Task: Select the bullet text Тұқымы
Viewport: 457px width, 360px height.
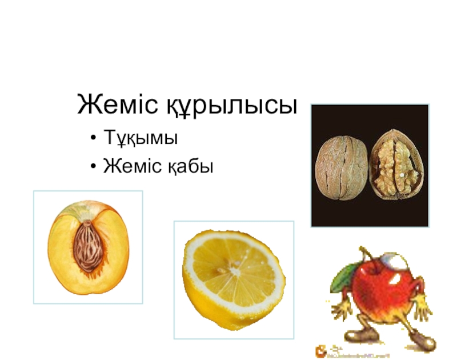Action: pos(141,138)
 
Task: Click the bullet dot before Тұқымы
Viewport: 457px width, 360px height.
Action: pos(93,139)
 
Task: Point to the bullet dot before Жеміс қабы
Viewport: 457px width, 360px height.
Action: pos(93,167)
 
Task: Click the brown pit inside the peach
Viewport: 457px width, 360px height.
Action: pos(88,250)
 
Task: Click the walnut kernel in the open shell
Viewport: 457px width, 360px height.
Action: pos(396,162)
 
